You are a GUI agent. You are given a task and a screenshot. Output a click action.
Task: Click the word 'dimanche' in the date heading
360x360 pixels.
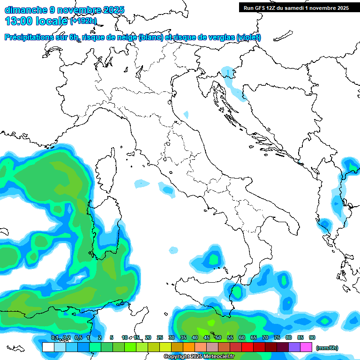[x=25, y=10]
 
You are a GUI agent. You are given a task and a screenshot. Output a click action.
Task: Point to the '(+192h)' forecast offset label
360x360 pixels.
[x=83, y=21]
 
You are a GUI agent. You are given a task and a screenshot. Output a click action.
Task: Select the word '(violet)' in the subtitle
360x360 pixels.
[x=248, y=37]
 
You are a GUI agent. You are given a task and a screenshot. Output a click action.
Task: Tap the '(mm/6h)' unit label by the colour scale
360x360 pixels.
[x=327, y=348]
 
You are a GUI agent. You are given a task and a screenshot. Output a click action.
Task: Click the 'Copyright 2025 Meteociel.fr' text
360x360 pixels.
[x=199, y=357]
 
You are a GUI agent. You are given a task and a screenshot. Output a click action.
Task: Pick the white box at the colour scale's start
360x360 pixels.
[x=48, y=347]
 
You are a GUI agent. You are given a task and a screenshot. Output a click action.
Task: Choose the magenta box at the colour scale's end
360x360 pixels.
[x=307, y=347]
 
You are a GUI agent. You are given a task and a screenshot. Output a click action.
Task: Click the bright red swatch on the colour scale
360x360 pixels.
[x=247, y=347]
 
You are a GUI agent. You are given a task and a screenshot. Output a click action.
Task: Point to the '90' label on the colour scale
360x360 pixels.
[x=312, y=337]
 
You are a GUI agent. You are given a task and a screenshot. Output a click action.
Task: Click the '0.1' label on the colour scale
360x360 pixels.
[x=55, y=337]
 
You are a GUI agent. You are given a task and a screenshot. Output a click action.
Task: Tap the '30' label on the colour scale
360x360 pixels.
[x=172, y=337]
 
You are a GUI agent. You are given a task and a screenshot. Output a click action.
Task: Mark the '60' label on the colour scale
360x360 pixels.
[x=242, y=337]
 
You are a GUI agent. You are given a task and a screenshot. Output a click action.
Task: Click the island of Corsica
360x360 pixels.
[x=105, y=171]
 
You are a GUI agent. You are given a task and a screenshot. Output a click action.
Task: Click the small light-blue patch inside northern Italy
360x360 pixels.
[x=186, y=114]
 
